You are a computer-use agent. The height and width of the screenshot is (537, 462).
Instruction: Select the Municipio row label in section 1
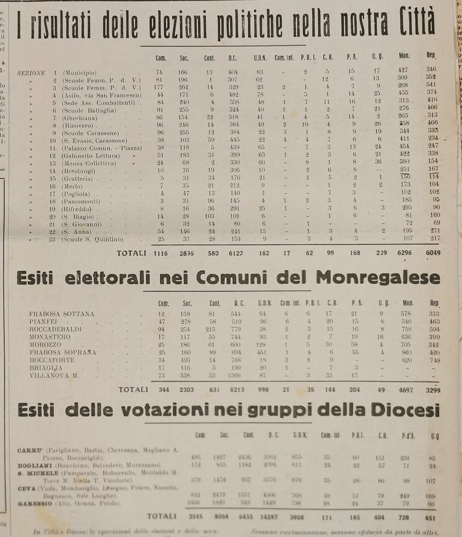click(80, 73)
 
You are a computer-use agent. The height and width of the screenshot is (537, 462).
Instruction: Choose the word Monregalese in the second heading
click(377, 277)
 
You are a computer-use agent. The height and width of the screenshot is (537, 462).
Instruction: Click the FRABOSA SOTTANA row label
click(62, 314)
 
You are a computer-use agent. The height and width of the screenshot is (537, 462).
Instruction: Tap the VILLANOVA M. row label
click(54, 375)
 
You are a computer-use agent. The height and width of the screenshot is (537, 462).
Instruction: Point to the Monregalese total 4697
click(405, 390)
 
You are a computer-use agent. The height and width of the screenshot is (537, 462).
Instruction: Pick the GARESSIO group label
click(34, 503)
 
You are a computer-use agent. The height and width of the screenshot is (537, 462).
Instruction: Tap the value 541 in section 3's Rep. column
click(431, 84)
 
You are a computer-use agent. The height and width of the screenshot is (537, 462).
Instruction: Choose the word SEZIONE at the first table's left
click(31, 73)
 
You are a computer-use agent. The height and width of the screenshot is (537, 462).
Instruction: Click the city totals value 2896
click(186, 253)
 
